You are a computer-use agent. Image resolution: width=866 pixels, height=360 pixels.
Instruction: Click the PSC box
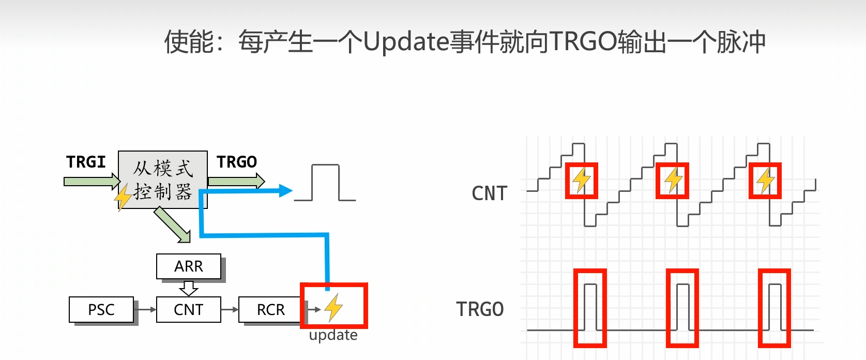[101, 309]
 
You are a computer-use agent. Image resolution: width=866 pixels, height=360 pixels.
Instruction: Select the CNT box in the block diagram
[188, 309]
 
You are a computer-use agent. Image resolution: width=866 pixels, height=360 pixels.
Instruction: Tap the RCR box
[270, 309]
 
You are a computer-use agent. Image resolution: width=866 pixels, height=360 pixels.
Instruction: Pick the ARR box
[189, 266]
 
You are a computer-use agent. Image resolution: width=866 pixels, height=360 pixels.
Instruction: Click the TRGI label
[86, 162]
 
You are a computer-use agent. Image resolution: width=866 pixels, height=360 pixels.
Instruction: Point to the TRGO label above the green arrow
[237, 162]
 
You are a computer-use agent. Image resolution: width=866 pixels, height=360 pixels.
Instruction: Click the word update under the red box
[333, 335]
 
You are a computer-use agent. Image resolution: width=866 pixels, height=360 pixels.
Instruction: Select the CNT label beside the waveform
[490, 193]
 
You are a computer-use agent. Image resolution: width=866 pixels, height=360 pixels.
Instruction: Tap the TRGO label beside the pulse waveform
[480, 309]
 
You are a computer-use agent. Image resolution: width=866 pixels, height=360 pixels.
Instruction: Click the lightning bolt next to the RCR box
[333, 307]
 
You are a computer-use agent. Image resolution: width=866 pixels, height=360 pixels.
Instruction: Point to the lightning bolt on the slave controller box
[123, 198]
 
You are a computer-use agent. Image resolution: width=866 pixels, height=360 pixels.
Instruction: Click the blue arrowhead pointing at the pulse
[285, 191]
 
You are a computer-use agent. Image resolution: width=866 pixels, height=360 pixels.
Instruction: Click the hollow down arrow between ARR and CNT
[189, 288]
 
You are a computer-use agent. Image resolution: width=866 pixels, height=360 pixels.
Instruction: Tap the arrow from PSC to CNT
[145, 309]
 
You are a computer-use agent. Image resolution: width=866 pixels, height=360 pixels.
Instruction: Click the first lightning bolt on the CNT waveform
[582, 180]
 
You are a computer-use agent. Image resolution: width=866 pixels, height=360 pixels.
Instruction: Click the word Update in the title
[406, 41]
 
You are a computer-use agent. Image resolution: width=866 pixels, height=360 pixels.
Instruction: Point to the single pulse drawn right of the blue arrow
[325, 183]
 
